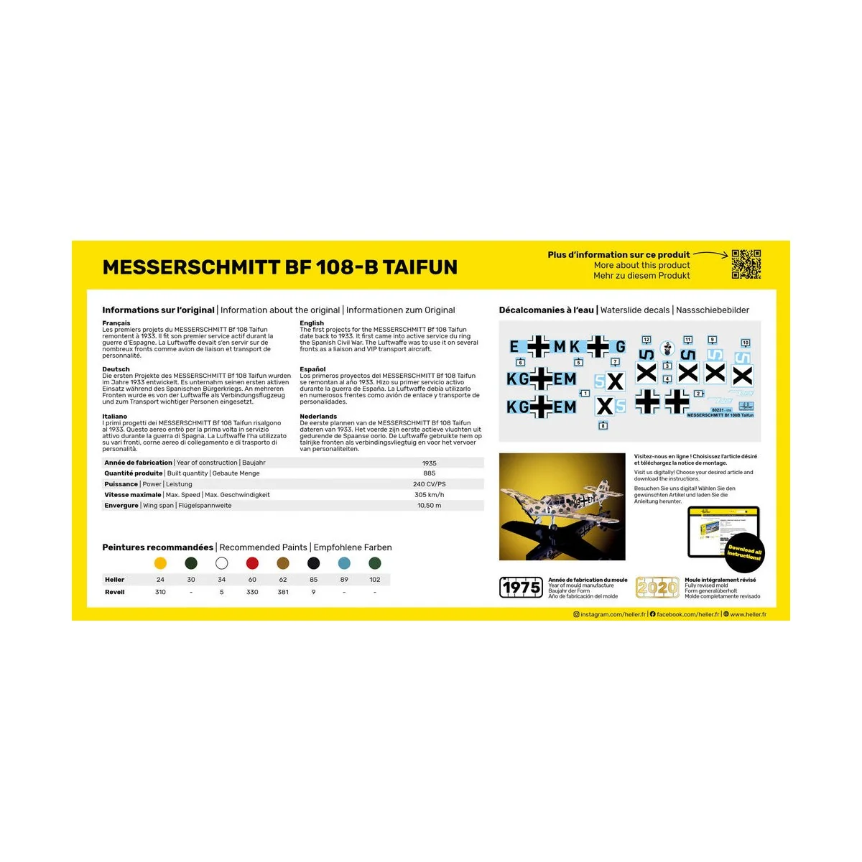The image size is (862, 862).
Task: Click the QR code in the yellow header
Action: coord(746,264)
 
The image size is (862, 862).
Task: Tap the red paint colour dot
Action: coord(252,563)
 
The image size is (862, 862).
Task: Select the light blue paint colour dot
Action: coord(344,563)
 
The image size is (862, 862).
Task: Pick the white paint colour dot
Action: coord(221,563)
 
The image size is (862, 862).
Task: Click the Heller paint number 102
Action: coord(374,580)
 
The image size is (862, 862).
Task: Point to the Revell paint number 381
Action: coord(283,592)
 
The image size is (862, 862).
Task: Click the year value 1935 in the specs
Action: coord(429,463)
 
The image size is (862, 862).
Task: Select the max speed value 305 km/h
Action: coord(429,495)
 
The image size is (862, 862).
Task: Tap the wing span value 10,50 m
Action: coord(429,506)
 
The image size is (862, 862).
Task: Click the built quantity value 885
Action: coord(429,473)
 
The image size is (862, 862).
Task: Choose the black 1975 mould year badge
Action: coord(521,588)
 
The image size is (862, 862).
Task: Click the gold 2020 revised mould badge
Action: coord(657,588)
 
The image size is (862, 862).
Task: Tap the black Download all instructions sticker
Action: coord(744,554)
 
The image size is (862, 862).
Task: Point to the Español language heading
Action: coord(312,369)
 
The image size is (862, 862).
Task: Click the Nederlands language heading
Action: coord(318,417)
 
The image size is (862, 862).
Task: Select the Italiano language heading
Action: coord(115,417)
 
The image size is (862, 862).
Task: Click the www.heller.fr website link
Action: coord(748,615)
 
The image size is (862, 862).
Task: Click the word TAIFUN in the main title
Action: coord(420,267)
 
